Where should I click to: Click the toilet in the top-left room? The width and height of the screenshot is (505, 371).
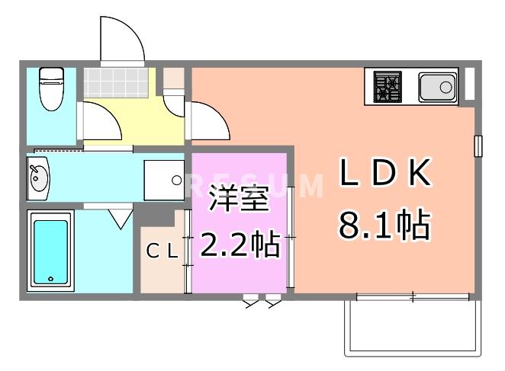coord(50,87)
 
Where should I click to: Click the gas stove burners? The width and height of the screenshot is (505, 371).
coord(388,86)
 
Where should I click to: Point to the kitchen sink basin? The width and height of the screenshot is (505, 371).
coord(437,88)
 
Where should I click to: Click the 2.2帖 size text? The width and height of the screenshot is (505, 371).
coord(239,245)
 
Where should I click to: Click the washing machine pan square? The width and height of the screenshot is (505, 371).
coord(164,181)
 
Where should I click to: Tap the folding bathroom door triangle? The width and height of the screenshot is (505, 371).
coord(119,218)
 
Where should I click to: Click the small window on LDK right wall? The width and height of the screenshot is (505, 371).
coord(478,145)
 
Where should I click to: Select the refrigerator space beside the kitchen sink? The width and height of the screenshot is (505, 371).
coord(468,84)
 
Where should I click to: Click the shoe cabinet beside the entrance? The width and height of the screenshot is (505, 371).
coord(174,78)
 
